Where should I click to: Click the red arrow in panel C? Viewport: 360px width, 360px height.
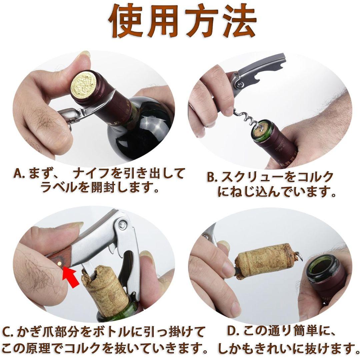click(x=71, y=276)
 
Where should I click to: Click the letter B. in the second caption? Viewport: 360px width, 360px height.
click(x=212, y=177)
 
